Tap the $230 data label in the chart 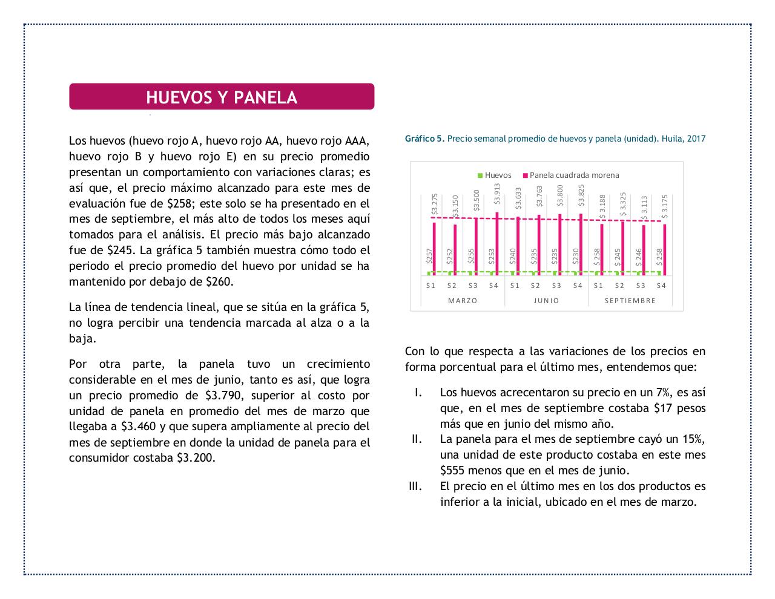click(576, 257)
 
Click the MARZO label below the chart click(463, 301)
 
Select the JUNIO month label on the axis click(546, 301)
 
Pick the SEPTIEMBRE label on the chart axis click(630, 301)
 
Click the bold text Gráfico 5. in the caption click(424, 139)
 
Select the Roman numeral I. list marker click(417, 393)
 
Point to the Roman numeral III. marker click(415, 486)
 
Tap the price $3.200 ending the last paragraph click(195, 458)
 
